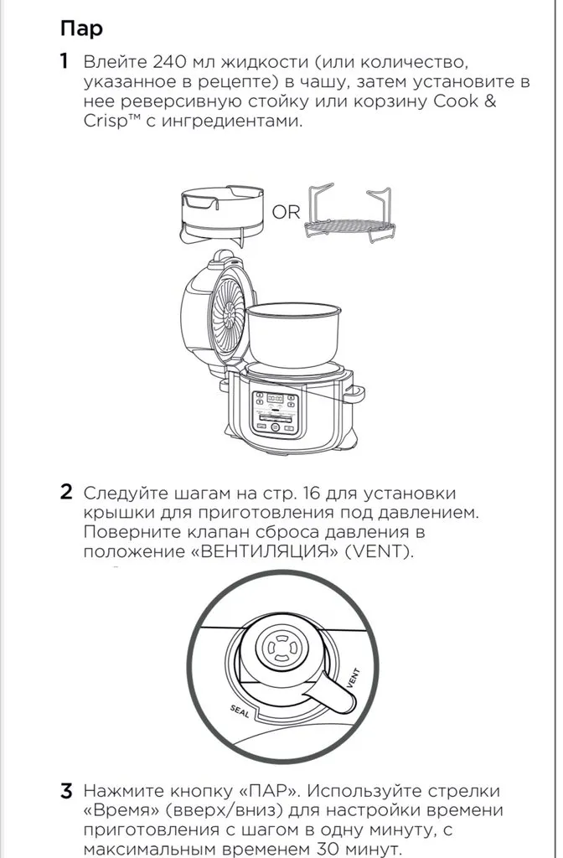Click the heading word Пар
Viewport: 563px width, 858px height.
pos(81,28)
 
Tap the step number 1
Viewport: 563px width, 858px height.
pos(65,61)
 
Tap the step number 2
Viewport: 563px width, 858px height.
pos(65,492)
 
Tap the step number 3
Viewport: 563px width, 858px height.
pos(65,791)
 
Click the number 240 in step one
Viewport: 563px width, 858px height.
pos(170,61)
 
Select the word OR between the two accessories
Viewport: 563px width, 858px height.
pos(287,211)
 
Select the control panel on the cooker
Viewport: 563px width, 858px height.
pos(275,413)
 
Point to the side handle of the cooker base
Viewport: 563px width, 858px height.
pos(354,394)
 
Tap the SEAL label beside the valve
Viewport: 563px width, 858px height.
pos(240,711)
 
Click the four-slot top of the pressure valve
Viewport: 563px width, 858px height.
pos(280,649)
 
